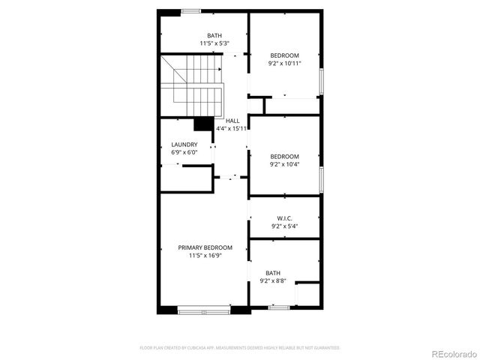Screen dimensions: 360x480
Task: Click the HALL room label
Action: click(232, 120)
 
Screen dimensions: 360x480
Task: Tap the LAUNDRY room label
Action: click(184, 145)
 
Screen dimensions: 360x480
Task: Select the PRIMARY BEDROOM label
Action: click(205, 247)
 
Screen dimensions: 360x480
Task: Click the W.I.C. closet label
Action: click(284, 218)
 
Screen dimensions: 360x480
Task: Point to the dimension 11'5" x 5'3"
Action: click(214, 43)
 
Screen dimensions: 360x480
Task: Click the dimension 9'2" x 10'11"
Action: click(284, 64)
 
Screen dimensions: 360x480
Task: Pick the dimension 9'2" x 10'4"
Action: click(284, 164)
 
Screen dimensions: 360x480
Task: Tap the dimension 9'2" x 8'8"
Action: click(274, 281)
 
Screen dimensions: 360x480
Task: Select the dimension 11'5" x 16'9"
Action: click(205, 256)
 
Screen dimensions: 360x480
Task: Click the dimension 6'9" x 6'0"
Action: click(184, 153)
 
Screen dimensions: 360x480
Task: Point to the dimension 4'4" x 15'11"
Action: click(232, 128)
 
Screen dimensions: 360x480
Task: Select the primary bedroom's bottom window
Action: click(204, 307)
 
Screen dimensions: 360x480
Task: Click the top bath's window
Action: click(190, 10)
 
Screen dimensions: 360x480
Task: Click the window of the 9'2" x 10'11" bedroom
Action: click(321, 79)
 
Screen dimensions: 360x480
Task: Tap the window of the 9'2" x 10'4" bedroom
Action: click(321, 179)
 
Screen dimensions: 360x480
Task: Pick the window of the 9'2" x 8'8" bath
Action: click(279, 307)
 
